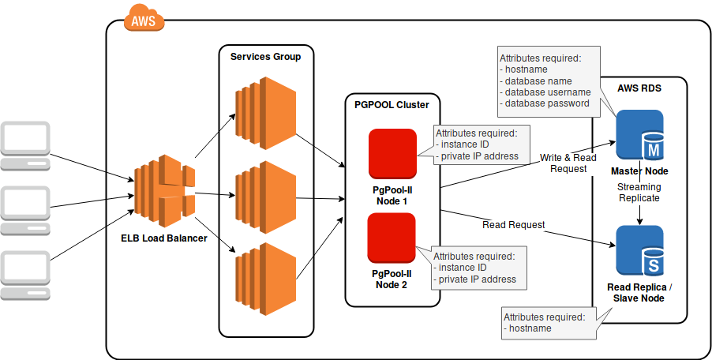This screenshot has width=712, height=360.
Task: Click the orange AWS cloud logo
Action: click(x=144, y=18)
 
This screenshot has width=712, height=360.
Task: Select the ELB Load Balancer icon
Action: click(x=164, y=190)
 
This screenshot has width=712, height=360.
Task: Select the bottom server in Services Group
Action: click(x=264, y=278)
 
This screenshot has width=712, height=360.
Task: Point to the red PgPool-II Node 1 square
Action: click(x=392, y=153)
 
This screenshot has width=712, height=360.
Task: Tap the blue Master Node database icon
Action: click(x=639, y=135)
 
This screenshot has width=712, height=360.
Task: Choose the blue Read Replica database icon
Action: click(x=639, y=251)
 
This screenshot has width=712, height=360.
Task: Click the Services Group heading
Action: click(x=265, y=57)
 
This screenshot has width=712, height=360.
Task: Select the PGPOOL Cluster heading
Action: click(x=392, y=104)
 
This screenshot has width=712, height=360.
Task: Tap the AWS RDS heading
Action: click(x=639, y=88)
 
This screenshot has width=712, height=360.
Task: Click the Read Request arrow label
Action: click(x=513, y=225)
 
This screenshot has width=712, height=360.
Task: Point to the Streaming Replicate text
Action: click(x=639, y=193)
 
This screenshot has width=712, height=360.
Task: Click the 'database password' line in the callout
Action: click(x=547, y=103)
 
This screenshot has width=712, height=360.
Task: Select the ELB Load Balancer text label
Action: click(x=164, y=238)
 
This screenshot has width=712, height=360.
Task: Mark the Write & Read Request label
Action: click(x=569, y=163)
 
